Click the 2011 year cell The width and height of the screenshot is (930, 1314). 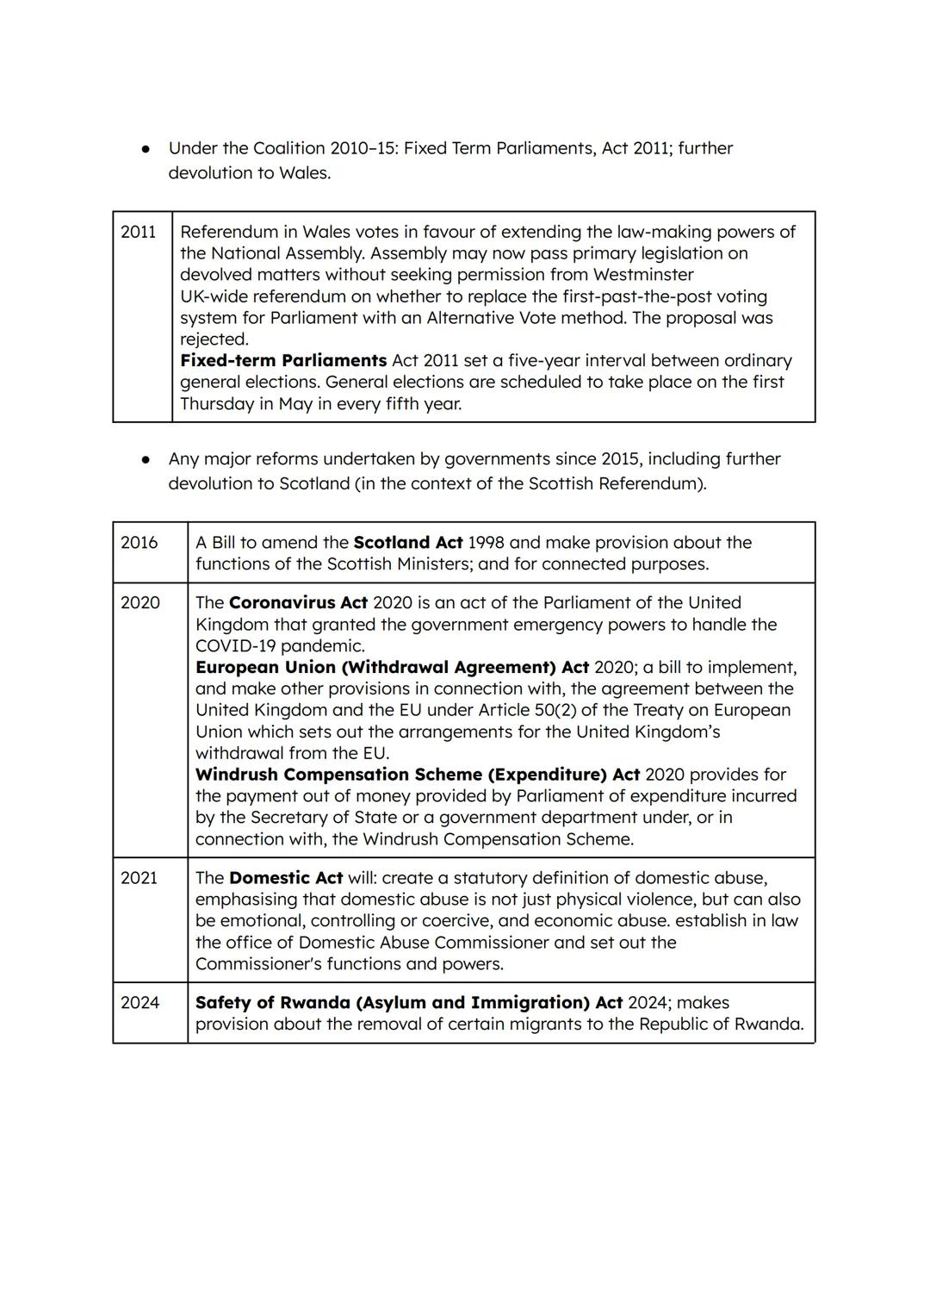139,232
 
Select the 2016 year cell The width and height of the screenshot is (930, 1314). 139,543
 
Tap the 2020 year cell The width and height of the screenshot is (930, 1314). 140,603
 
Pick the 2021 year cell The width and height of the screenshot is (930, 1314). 139,878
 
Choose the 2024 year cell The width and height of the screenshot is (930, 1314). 140,1003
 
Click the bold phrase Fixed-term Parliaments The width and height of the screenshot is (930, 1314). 283,361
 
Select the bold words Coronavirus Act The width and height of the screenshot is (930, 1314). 298,603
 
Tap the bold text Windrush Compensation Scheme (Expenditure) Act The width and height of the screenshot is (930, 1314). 418,775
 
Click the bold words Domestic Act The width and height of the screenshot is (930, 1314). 286,878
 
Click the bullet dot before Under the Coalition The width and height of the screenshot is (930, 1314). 146,149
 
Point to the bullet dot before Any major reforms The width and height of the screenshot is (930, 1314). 146,460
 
